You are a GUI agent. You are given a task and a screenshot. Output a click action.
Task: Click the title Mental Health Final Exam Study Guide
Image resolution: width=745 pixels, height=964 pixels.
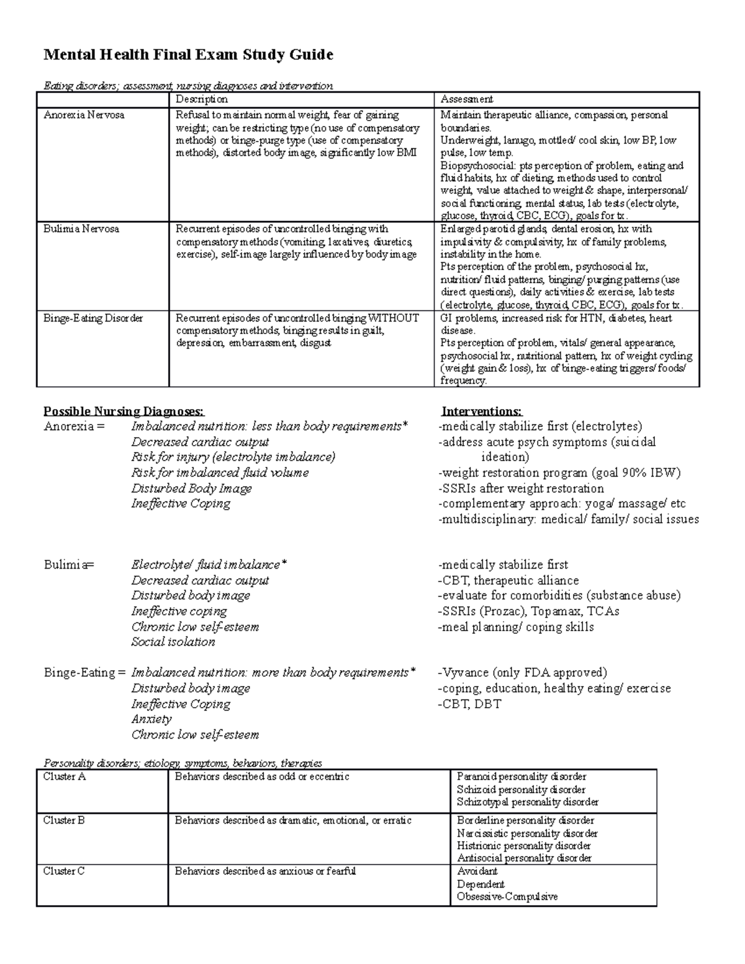[188, 55]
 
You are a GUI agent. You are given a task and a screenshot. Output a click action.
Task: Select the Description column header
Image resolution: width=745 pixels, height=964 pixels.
[201, 99]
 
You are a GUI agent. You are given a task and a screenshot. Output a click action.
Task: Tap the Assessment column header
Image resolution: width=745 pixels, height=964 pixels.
[466, 99]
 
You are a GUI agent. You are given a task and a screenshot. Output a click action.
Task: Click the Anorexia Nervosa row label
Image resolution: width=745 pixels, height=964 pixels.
[83, 115]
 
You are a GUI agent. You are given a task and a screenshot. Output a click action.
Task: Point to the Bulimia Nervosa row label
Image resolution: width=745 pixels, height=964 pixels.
[81, 229]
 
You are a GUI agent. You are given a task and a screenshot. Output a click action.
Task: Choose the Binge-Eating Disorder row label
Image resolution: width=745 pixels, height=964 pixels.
[93, 318]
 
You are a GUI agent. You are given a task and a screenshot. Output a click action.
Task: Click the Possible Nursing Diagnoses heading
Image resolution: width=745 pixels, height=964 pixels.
[123, 412]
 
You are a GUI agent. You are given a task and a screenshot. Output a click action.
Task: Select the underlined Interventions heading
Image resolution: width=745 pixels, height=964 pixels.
[482, 412]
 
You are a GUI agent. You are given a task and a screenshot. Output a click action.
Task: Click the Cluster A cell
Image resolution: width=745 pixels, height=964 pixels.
[64, 777]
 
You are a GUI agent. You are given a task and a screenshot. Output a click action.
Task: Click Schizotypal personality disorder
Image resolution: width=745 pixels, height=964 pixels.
[527, 802]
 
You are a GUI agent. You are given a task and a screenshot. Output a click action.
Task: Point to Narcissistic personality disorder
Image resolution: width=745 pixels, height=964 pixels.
[527, 833]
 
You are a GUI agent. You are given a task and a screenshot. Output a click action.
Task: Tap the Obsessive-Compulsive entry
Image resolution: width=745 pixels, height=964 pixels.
[507, 897]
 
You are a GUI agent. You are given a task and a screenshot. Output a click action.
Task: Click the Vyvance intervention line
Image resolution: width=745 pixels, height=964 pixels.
[522, 673]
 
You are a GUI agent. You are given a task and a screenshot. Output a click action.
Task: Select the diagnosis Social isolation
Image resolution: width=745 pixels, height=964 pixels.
[173, 642]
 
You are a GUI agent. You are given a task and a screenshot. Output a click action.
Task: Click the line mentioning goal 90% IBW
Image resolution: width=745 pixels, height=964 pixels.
[559, 473]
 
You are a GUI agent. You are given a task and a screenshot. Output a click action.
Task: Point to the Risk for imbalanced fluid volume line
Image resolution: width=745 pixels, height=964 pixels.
[220, 473]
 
